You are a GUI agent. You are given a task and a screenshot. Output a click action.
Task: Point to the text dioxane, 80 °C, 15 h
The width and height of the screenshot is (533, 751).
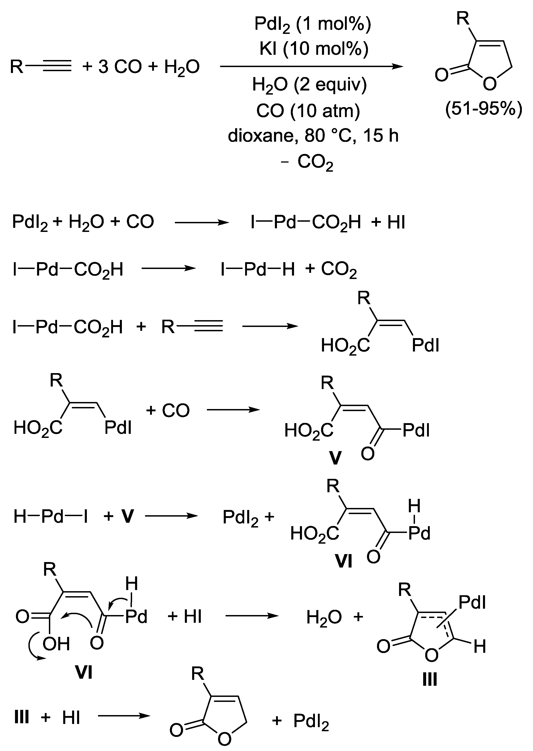pos(313,136)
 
